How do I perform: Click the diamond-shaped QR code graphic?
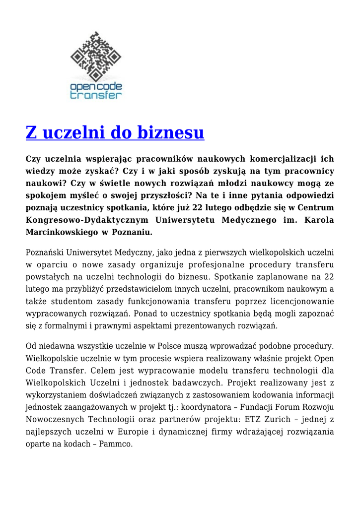pyautogui.click(x=96, y=57)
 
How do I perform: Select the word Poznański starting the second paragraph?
pyautogui.click(x=48, y=252)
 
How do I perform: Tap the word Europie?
pyautogui.click(x=132, y=432)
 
